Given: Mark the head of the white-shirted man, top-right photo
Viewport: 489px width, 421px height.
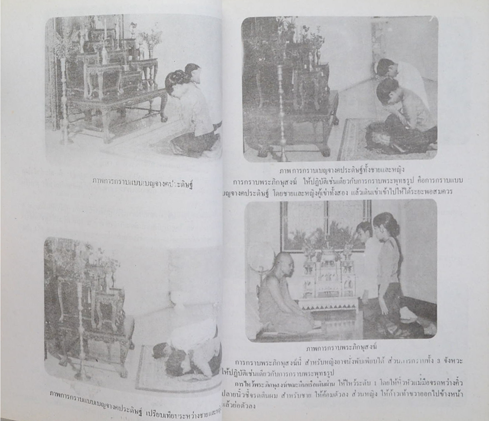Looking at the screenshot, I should coord(385,67).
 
